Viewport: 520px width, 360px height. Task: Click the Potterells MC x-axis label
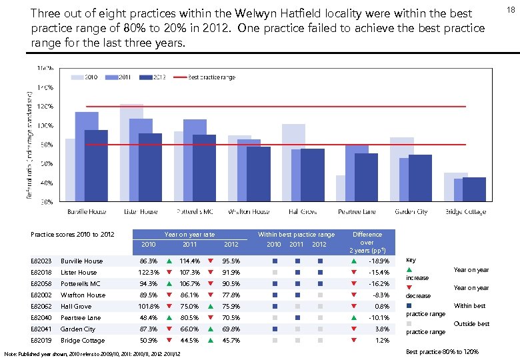pyautogui.click(x=194, y=211)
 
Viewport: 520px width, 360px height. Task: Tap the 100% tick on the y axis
pyautogui.click(x=45, y=125)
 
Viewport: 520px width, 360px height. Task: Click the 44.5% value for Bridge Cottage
pyautogui.click(x=189, y=340)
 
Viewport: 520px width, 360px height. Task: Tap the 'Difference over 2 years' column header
pyautogui.click(x=367, y=242)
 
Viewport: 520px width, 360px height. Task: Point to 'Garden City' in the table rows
pyautogui.click(x=78, y=329)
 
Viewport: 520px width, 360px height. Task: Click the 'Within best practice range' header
pyautogui.click(x=296, y=234)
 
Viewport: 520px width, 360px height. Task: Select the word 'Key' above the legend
pyautogui.click(x=411, y=260)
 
